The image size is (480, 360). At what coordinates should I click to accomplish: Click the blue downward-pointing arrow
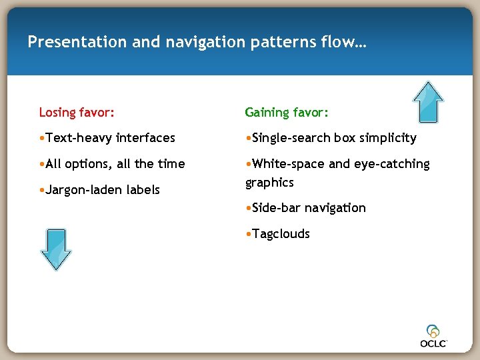click(55, 249)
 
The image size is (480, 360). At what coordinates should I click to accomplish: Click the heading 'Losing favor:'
click(77, 112)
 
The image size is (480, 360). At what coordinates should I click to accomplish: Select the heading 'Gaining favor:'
click(287, 112)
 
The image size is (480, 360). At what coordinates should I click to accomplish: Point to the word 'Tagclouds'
click(281, 233)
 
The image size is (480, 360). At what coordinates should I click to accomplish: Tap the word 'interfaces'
click(145, 138)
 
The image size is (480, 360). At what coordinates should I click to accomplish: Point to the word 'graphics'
click(269, 183)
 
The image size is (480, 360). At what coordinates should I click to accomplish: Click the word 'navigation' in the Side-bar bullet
click(335, 208)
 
